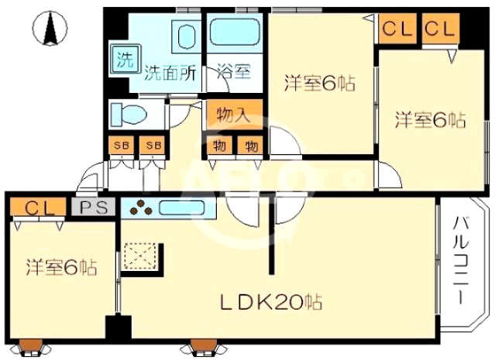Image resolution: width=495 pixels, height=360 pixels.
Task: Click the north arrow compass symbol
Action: point(50,28)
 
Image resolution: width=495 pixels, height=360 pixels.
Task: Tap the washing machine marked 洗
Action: point(125,58)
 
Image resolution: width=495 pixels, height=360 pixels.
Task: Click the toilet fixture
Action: point(129,114)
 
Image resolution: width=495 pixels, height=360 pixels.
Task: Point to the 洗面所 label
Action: point(170,74)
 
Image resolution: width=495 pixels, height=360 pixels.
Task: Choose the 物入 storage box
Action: point(235,114)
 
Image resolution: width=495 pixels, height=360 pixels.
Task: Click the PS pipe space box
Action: point(93,207)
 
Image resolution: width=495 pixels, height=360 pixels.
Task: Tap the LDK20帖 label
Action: point(270,302)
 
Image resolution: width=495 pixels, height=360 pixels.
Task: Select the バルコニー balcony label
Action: point(461,260)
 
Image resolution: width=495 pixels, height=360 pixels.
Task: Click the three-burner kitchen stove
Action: point(139,208)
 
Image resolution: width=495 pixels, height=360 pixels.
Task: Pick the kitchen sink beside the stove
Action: point(181,208)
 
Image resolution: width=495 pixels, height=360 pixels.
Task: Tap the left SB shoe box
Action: point(121,146)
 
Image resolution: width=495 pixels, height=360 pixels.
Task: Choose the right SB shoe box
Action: point(152,146)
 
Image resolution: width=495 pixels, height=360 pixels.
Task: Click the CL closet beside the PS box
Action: point(38,207)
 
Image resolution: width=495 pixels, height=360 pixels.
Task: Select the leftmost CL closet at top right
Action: point(397,29)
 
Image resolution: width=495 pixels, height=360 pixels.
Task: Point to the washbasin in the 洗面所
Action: point(185,36)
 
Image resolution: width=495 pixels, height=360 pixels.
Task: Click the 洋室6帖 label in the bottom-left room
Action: point(61,267)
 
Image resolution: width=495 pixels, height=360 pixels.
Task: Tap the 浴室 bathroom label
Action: point(234,72)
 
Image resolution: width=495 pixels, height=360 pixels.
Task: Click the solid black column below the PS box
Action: point(118,327)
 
